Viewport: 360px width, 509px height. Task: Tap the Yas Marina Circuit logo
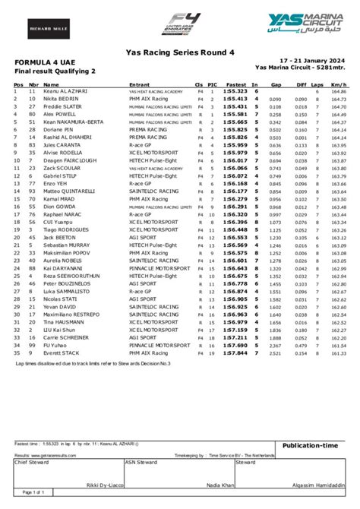coord(304,26)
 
